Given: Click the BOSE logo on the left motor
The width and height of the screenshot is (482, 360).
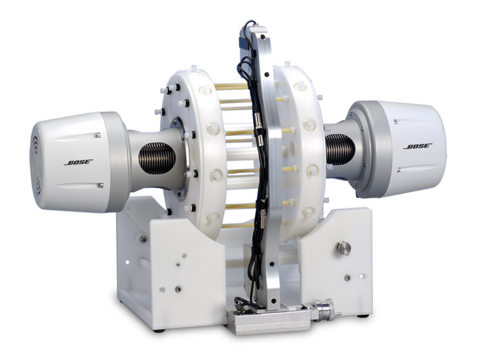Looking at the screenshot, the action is (x=78, y=162).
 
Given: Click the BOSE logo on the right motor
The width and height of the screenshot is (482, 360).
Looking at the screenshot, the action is (x=418, y=147).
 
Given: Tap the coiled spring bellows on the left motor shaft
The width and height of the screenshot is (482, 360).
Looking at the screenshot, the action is (x=157, y=158).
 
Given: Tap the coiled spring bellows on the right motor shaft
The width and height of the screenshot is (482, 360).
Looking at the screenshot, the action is (x=340, y=149).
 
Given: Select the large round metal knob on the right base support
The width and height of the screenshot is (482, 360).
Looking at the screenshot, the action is (x=344, y=248).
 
